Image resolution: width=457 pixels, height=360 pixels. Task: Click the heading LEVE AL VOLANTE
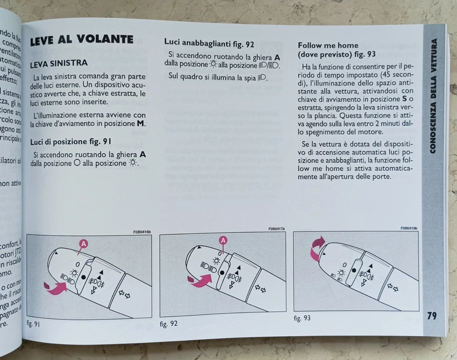click(81, 40)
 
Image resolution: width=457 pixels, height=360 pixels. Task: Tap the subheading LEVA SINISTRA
click(59, 63)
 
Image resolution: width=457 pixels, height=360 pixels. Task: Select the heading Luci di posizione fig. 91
click(70, 141)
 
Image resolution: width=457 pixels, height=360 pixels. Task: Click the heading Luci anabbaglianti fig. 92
click(209, 44)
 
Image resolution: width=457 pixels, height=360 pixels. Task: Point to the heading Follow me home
click(328, 46)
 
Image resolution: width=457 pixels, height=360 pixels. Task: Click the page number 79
click(431, 316)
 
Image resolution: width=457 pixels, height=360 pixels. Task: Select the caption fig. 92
click(169, 324)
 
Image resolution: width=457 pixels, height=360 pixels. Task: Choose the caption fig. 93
click(302, 318)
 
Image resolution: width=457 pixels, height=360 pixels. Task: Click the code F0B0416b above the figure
click(142, 232)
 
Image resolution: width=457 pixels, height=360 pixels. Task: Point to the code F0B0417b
click(276, 229)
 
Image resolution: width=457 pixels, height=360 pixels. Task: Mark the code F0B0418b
click(408, 228)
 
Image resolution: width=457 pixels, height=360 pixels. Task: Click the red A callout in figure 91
click(83, 244)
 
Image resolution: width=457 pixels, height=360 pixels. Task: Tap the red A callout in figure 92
click(223, 240)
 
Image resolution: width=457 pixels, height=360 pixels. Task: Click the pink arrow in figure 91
click(55, 287)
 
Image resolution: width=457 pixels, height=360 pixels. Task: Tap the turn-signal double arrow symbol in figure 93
click(392, 287)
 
